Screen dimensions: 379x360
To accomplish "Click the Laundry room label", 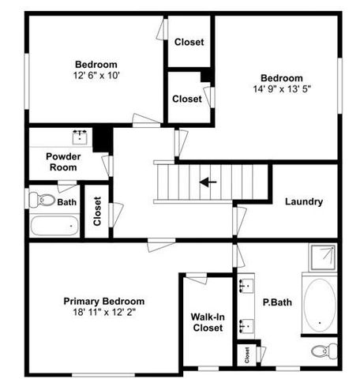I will point(304,201).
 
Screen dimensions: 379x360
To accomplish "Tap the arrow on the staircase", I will point(208,182).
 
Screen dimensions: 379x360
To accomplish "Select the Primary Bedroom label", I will point(104,301).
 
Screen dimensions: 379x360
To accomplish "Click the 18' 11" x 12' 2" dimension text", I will point(104,312).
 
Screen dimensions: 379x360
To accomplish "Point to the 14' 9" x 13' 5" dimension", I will point(282,89).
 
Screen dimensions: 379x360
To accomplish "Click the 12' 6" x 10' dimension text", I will point(96,75).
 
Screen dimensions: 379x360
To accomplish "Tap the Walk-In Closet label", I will point(207,322).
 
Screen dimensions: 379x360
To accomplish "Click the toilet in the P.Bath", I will point(321,351).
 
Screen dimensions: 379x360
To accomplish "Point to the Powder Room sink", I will point(80,137).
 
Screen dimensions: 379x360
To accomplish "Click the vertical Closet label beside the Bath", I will point(96,211).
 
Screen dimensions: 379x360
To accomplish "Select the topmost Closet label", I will point(189,42).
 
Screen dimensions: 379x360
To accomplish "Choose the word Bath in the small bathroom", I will point(67,202).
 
